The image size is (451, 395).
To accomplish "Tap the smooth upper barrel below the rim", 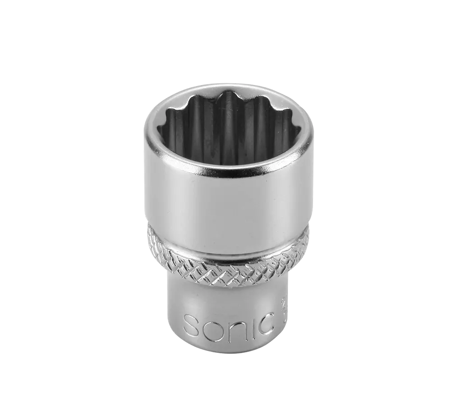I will click(228, 203).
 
